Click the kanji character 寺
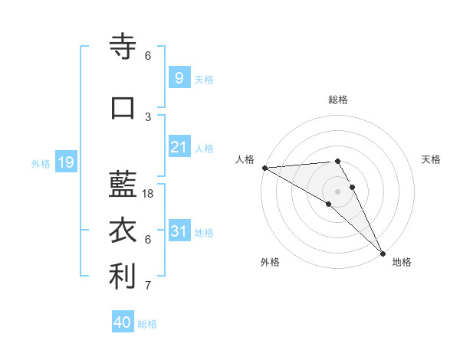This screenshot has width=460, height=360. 123,47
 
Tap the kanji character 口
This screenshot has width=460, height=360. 123,108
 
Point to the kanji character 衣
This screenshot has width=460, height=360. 123,231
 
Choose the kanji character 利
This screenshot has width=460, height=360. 123,277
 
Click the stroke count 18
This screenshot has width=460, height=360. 149,194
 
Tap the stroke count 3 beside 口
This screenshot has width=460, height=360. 148,116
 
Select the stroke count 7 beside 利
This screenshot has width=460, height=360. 148,286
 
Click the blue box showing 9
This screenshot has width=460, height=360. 179,77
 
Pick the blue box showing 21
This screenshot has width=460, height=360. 179,147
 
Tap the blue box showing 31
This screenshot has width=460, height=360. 179,231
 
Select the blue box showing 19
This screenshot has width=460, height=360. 65,162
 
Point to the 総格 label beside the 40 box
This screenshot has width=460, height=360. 147,324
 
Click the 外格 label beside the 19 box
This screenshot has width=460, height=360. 41,163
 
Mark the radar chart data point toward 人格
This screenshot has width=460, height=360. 264,168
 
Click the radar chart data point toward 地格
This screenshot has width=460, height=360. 383,252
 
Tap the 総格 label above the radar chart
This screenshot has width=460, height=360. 338,100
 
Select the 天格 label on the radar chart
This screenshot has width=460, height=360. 432,159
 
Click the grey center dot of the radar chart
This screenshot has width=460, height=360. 338,191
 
